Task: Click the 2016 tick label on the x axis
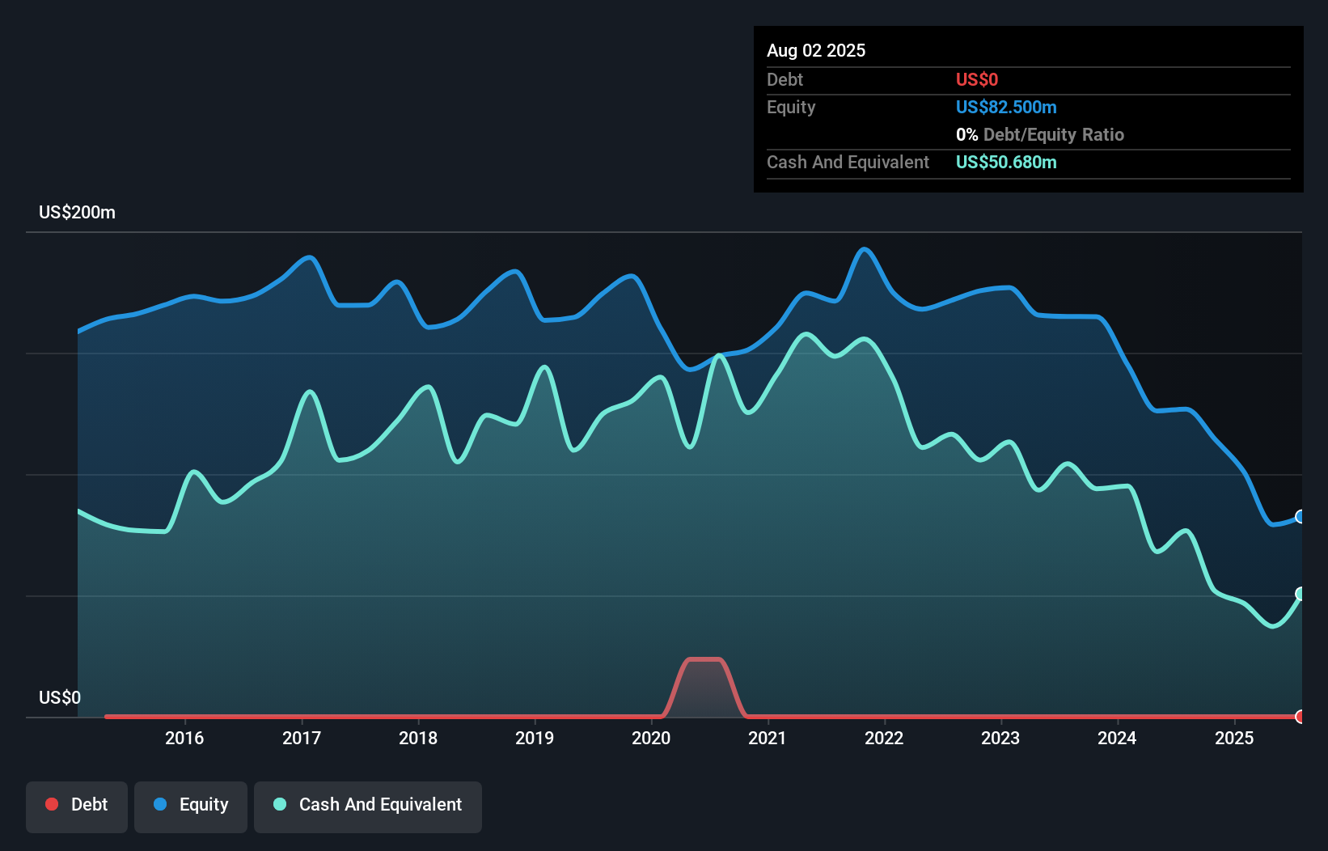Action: point(184,738)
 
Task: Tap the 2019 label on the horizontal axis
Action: point(535,738)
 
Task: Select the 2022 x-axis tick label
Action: point(884,738)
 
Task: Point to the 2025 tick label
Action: point(1234,738)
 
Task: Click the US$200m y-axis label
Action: point(77,212)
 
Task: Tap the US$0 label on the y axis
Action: point(60,697)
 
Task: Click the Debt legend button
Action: point(77,804)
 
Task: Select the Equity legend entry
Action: point(191,804)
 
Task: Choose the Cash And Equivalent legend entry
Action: point(368,804)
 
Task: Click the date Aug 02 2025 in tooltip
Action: point(816,50)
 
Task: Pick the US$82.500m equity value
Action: point(1006,107)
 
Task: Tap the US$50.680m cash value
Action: point(1006,162)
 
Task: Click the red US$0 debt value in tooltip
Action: point(977,79)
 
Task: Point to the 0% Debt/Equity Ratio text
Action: point(1040,134)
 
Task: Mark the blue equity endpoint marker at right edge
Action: point(1301,516)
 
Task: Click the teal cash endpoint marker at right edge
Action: point(1301,594)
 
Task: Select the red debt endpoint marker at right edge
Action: point(1301,717)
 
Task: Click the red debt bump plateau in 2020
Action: point(704,659)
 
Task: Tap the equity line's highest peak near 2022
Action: point(865,249)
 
